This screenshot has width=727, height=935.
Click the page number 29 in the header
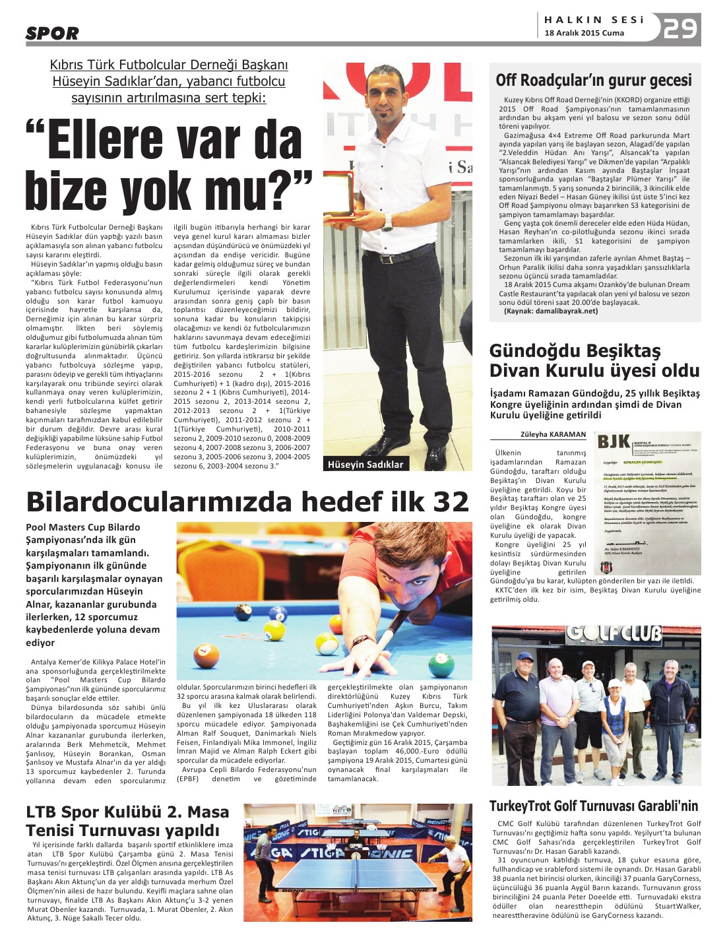pyautogui.click(x=680, y=28)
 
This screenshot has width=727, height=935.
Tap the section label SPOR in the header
pyautogui.click(x=52, y=33)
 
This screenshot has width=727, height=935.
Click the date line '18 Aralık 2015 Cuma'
pyautogui.click(x=584, y=33)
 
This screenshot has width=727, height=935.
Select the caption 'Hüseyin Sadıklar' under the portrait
pyautogui.click(x=365, y=464)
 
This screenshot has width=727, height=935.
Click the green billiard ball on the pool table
pyautogui.click(x=440, y=661)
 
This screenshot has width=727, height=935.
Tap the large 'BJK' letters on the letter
pyautogui.click(x=614, y=442)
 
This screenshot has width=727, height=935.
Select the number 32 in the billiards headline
pyautogui.click(x=451, y=502)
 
